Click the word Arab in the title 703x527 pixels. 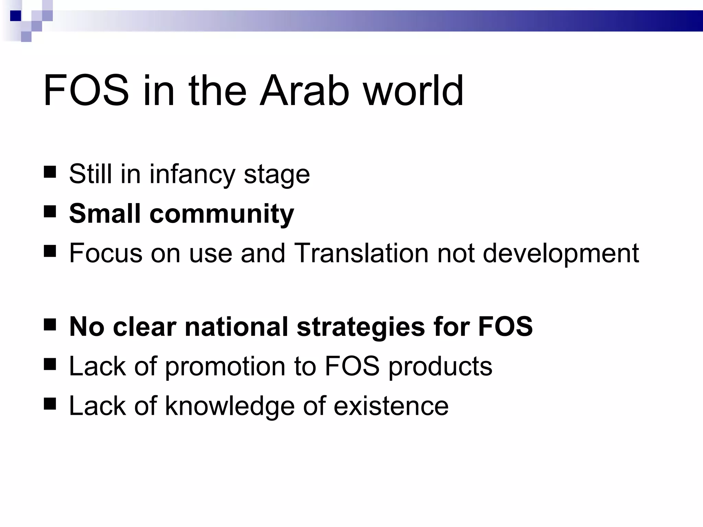tap(304, 91)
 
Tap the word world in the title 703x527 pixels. tap(414, 91)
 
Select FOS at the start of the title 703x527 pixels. tap(86, 91)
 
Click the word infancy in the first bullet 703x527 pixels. tap(192, 174)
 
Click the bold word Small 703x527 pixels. tap(105, 213)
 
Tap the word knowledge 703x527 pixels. tap(230, 406)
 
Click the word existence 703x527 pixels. tap(391, 406)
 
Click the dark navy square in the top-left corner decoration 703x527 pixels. tap(15, 16)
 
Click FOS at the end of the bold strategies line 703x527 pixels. tap(505, 327)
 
